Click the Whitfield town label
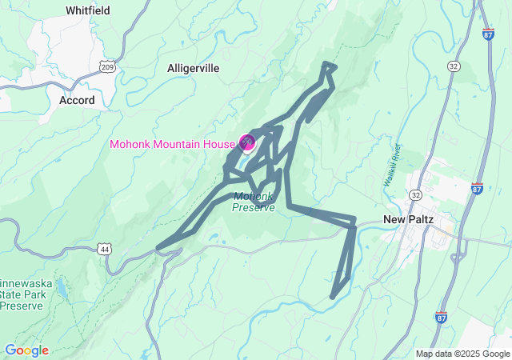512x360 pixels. pos(88,11)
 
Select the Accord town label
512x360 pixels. pos(77,101)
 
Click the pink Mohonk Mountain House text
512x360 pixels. pos(172,145)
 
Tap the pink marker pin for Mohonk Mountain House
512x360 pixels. pos(247,142)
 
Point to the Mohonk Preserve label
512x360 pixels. pos(254,202)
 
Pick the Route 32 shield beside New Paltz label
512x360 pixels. pos(415,194)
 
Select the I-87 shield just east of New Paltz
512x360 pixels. pos(477,189)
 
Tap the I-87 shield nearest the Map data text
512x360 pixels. pos(443,318)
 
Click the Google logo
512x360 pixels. pos(26,350)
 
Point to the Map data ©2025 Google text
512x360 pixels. pos(462,354)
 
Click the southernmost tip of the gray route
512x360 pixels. pos(333,297)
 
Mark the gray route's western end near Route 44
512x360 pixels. pos(158,247)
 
